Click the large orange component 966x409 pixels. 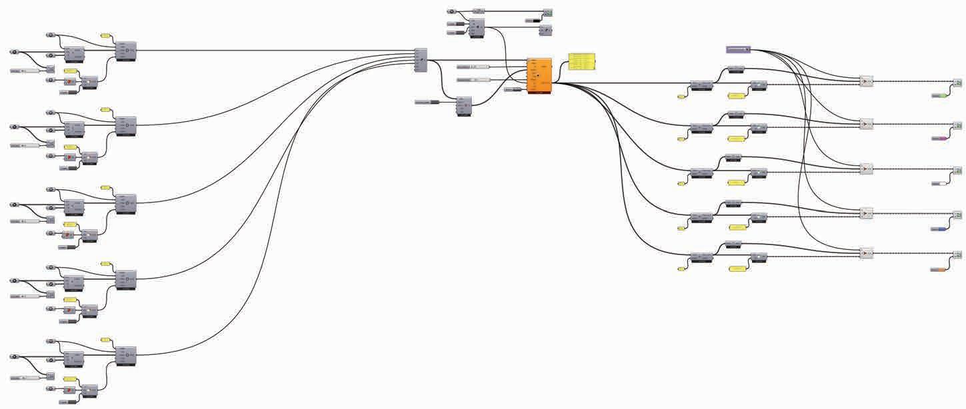point(539,75)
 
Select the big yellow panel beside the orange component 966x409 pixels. point(582,61)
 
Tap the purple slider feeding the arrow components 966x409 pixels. point(738,49)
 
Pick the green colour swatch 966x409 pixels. point(939,96)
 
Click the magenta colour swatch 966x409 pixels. point(939,139)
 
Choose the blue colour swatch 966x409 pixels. point(939,229)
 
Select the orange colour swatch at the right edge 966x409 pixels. point(939,270)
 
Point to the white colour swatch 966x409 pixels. point(939,183)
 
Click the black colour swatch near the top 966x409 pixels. point(533,21)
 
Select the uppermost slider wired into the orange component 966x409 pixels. point(473,67)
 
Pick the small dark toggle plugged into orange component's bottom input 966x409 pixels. point(512,89)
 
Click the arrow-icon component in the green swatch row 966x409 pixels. point(866,81)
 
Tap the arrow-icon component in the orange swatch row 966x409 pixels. point(866,253)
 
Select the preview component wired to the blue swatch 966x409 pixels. point(957,214)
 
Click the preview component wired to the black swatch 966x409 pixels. point(547,13)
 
